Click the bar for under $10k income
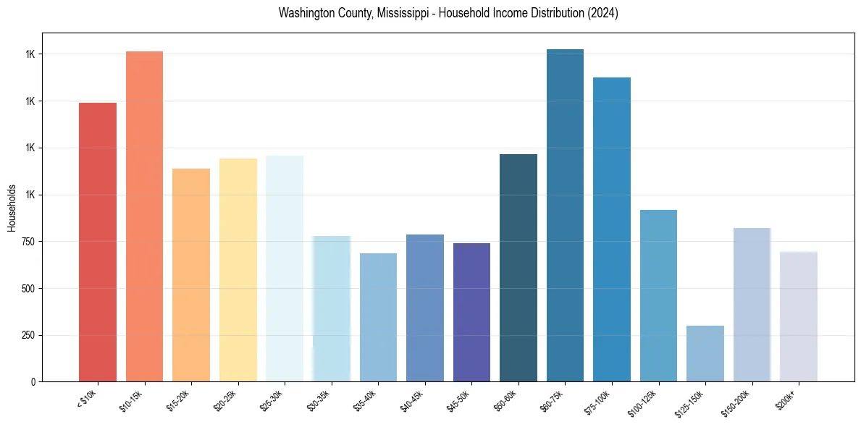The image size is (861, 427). coord(98,242)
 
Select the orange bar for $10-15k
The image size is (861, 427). coord(144,216)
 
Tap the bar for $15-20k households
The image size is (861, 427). coord(191,275)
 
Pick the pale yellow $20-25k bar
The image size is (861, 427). coord(238,270)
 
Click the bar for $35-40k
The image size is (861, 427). coord(378,317)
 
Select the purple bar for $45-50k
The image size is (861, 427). coord(471,312)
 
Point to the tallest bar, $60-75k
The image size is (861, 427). coord(565,215)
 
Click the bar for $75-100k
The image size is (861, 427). coord(612,229)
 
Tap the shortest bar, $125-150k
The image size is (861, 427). coord(705,353)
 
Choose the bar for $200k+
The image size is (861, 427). coord(799,316)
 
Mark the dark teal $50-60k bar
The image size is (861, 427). coord(518,268)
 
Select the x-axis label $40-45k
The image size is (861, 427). coord(425,400)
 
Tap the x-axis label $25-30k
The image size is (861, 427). coord(285,400)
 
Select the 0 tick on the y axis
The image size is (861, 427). coord(33,381)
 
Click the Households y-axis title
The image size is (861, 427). coord(12,207)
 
